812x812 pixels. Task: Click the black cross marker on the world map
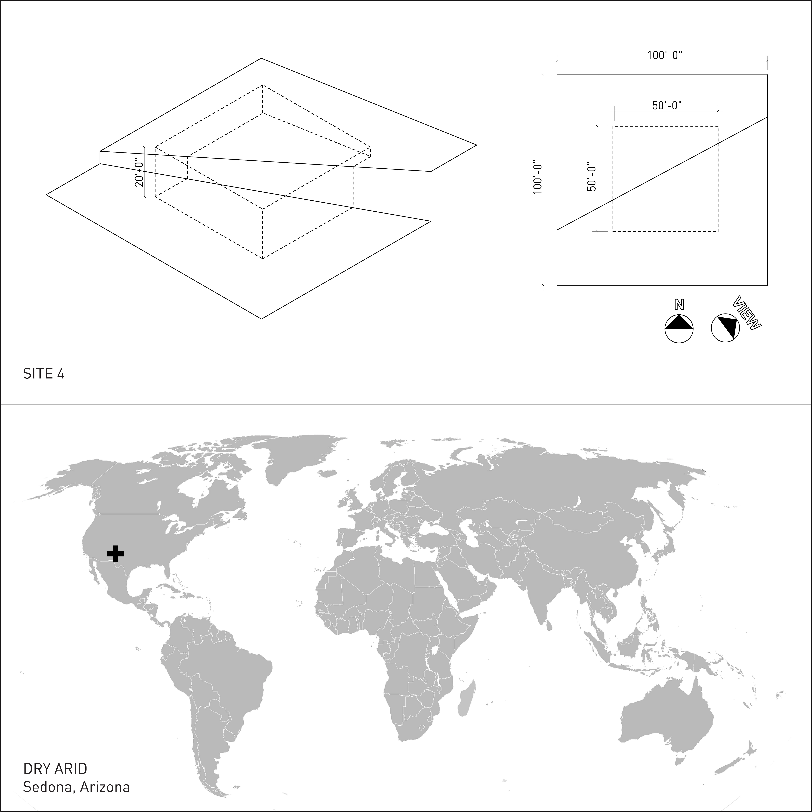pyautogui.click(x=115, y=554)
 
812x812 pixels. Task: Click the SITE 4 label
pyautogui.click(x=44, y=374)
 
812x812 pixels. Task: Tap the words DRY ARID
pyautogui.click(x=55, y=769)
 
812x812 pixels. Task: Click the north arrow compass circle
pyautogui.click(x=679, y=329)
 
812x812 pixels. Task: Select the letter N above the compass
pyautogui.click(x=679, y=305)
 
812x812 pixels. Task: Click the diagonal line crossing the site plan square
pyautogui.click(x=662, y=173)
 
